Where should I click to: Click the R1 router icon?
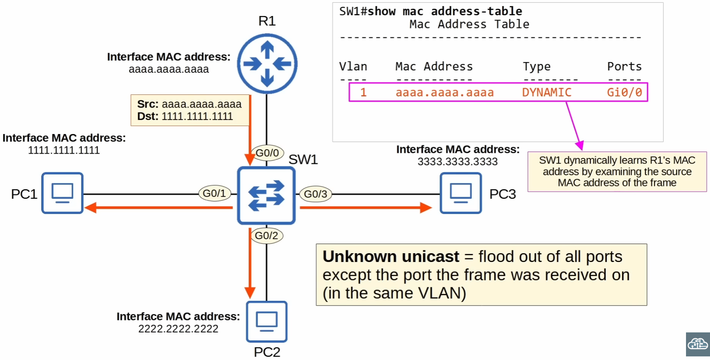267,64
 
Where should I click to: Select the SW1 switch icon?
266,195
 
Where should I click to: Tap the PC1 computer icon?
62,193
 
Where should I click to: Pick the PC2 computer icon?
266,322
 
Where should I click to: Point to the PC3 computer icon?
460,193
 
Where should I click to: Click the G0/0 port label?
267,153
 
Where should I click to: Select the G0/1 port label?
214,193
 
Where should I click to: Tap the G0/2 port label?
266,236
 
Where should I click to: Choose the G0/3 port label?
316,194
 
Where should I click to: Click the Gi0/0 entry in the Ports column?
624,92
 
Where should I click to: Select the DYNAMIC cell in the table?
546,92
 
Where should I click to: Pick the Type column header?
536,66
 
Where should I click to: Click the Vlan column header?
353,66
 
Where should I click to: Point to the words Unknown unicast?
391,256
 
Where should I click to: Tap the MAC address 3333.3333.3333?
458,162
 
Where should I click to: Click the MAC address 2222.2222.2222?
178,329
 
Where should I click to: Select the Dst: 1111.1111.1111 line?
185,116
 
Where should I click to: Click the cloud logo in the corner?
698,344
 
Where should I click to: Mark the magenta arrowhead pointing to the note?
580,145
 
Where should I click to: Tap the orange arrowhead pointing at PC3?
426,208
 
